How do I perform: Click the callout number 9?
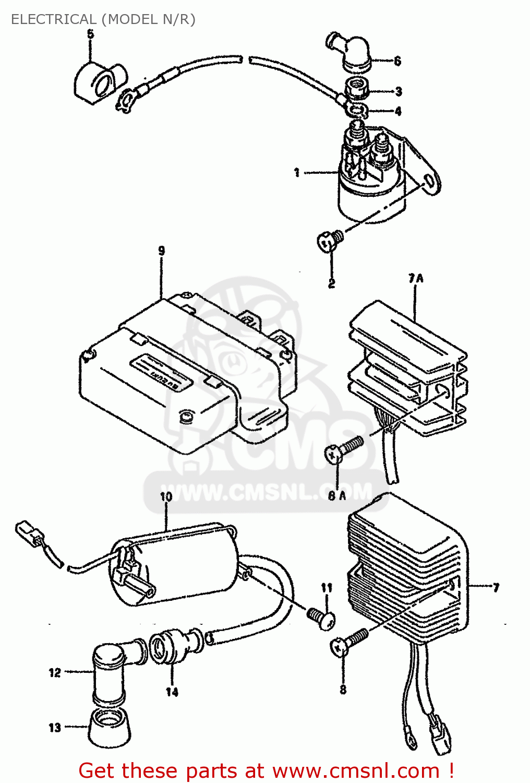161,251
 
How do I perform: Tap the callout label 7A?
416,278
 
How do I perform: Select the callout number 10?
166,496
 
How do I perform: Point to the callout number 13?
55,728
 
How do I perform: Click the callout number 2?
331,284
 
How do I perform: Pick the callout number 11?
327,588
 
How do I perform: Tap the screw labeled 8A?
342,449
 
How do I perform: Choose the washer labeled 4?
358,110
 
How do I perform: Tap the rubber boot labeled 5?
100,82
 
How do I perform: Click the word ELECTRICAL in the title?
53,19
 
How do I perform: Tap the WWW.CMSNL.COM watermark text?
266,493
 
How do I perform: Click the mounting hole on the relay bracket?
429,181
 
